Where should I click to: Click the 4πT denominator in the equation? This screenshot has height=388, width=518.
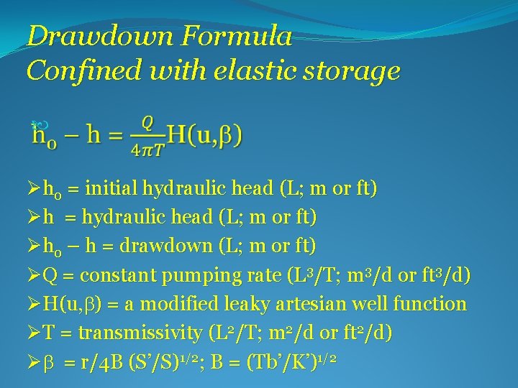pyautogui.click(x=147, y=149)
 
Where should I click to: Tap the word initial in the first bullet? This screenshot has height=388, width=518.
pyautogui.click(x=111, y=189)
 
